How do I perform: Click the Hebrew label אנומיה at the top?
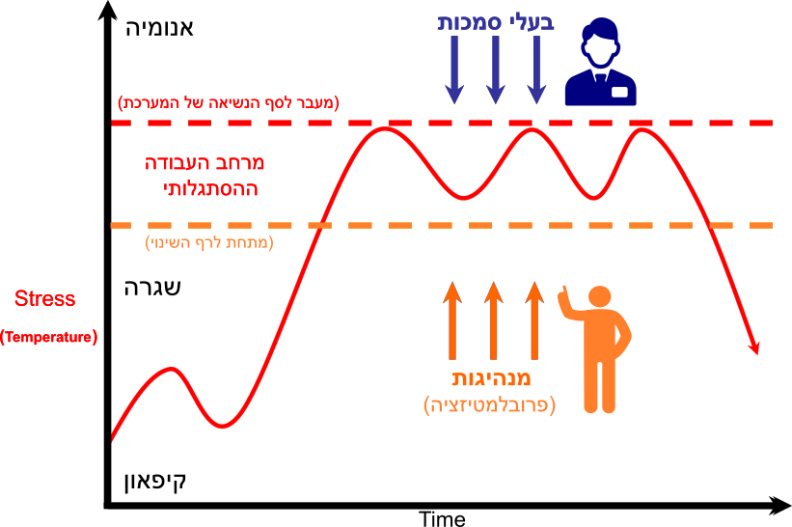(x=159, y=28)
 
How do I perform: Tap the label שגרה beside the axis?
(x=152, y=288)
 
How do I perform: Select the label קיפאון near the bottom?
(x=155, y=482)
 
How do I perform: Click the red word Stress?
(x=45, y=298)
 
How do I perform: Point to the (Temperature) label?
(x=48, y=337)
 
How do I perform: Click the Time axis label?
(x=443, y=519)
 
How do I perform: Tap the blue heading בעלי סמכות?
(x=496, y=23)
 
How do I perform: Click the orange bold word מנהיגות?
(x=491, y=378)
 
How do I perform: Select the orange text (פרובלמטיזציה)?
(x=489, y=404)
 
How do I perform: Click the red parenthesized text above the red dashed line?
(x=229, y=103)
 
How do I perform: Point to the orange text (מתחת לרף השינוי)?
(x=209, y=243)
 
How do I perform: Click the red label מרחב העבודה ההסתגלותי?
(x=205, y=176)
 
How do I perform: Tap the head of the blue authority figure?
(x=600, y=42)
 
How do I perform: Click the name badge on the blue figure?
(x=619, y=92)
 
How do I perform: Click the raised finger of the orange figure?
(x=563, y=293)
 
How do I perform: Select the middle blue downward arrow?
(x=496, y=69)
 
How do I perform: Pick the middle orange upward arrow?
(x=494, y=320)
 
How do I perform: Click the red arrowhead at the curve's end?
(x=753, y=347)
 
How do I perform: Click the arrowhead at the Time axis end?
(x=779, y=505)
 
